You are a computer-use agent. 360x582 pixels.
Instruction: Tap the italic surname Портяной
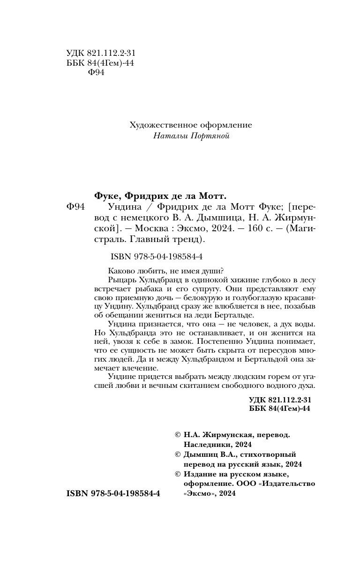[211, 136]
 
